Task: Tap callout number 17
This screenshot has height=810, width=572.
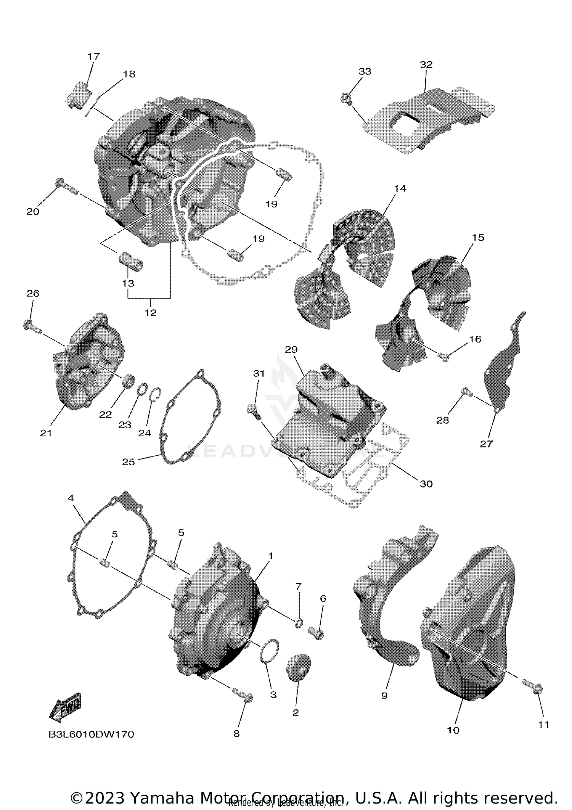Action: click(93, 56)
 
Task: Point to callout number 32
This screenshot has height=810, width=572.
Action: click(426, 64)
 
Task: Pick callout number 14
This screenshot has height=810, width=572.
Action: click(400, 188)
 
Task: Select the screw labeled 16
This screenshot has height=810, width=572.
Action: click(444, 357)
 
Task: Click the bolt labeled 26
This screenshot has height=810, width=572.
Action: click(32, 326)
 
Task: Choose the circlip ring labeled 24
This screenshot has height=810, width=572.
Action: click(156, 394)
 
